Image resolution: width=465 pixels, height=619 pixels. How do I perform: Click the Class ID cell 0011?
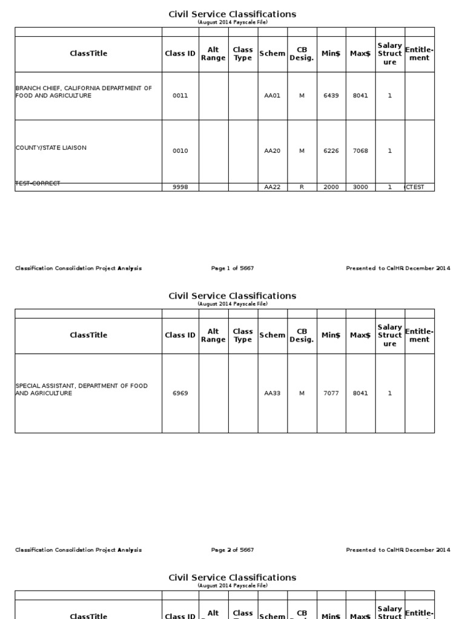(180, 96)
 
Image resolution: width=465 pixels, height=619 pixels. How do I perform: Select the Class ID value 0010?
(180, 151)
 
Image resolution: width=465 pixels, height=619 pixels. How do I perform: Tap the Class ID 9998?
(180, 187)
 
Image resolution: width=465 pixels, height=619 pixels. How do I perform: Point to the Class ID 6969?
(180, 393)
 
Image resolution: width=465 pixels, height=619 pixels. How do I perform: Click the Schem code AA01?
(272, 96)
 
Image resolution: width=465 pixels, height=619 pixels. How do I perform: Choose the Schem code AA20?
(272, 151)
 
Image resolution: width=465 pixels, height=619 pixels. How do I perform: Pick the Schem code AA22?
(272, 187)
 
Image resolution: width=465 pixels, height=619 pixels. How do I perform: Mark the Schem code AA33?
(272, 393)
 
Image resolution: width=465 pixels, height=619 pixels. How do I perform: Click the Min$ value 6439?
(331, 96)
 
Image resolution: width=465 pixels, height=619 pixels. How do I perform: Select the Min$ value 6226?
(331, 151)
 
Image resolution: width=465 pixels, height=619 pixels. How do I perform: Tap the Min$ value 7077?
(331, 393)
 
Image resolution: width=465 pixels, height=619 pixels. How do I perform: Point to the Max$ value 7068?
(360, 151)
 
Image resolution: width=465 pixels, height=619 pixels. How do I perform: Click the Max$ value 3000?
(360, 187)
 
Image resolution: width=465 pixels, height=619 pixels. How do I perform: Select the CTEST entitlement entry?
(415, 187)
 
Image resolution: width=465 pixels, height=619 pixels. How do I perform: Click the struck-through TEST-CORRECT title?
(38, 183)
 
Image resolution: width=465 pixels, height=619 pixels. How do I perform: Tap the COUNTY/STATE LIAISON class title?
(51, 148)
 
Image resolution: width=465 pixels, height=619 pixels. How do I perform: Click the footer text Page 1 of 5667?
(232, 268)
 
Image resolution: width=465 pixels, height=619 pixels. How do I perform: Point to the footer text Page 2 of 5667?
(232, 550)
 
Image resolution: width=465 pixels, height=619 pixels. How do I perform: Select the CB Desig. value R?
(302, 187)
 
